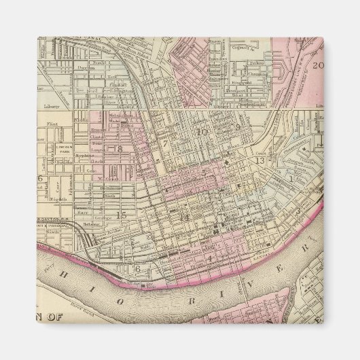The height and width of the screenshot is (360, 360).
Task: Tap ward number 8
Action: pos(120,149)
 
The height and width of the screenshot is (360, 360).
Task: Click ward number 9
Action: pos(238,127)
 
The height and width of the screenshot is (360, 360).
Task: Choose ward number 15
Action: pos(122,215)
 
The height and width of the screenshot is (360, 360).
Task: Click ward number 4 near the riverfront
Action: pos(210,257)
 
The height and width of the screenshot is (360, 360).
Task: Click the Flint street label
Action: pos(53,124)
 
